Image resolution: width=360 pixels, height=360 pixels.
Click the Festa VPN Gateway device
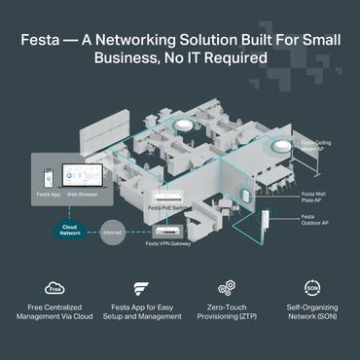tap(167, 231)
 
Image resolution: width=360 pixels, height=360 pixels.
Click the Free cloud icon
tap(54, 288)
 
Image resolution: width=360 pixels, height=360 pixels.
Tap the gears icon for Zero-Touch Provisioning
tap(227, 288)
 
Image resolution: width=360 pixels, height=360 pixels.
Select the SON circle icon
tap(311, 288)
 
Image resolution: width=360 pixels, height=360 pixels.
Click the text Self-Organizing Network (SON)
tap(312, 320)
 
